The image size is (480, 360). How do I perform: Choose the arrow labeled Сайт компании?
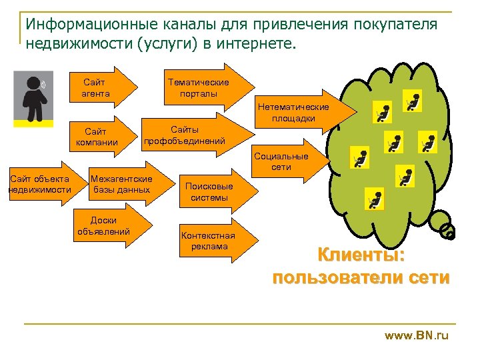point(100,137)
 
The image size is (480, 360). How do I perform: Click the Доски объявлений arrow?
point(107,226)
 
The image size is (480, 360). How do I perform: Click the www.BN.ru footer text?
point(417,336)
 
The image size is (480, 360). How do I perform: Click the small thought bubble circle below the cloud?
point(449,233)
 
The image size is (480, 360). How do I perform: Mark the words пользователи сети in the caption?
point(361,277)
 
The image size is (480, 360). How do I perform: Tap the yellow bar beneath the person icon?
point(33,123)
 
